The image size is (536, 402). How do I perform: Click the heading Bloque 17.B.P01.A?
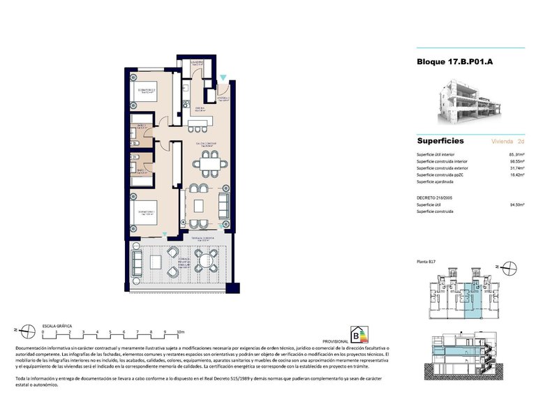coord(454,61)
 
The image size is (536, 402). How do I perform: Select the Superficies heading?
coord(440,140)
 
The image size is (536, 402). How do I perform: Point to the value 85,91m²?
coord(516,154)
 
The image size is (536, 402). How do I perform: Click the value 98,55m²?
coord(516,161)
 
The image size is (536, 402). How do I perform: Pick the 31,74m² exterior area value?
coord(516,168)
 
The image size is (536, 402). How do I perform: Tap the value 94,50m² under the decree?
coord(516,205)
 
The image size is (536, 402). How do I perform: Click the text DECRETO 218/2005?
coord(435,198)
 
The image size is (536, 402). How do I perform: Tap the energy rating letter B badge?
coord(362,334)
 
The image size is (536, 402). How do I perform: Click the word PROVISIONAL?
coord(335,341)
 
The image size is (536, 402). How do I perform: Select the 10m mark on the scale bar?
coord(180,332)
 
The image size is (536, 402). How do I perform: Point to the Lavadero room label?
coord(198,62)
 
